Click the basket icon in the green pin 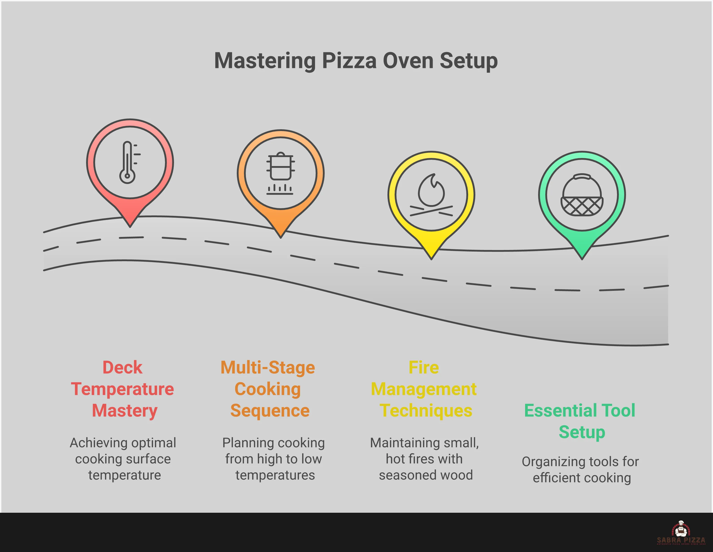click(x=582, y=195)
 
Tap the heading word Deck click(x=122, y=368)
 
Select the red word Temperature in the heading click(x=122, y=389)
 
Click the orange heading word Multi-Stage click(x=268, y=368)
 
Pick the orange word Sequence click(x=270, y=411)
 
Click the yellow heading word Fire click(x=424, y=368)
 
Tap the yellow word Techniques click(x=426, y=411)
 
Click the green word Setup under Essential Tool click(x=582, y=432)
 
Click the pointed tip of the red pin click(x=130, y=225)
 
